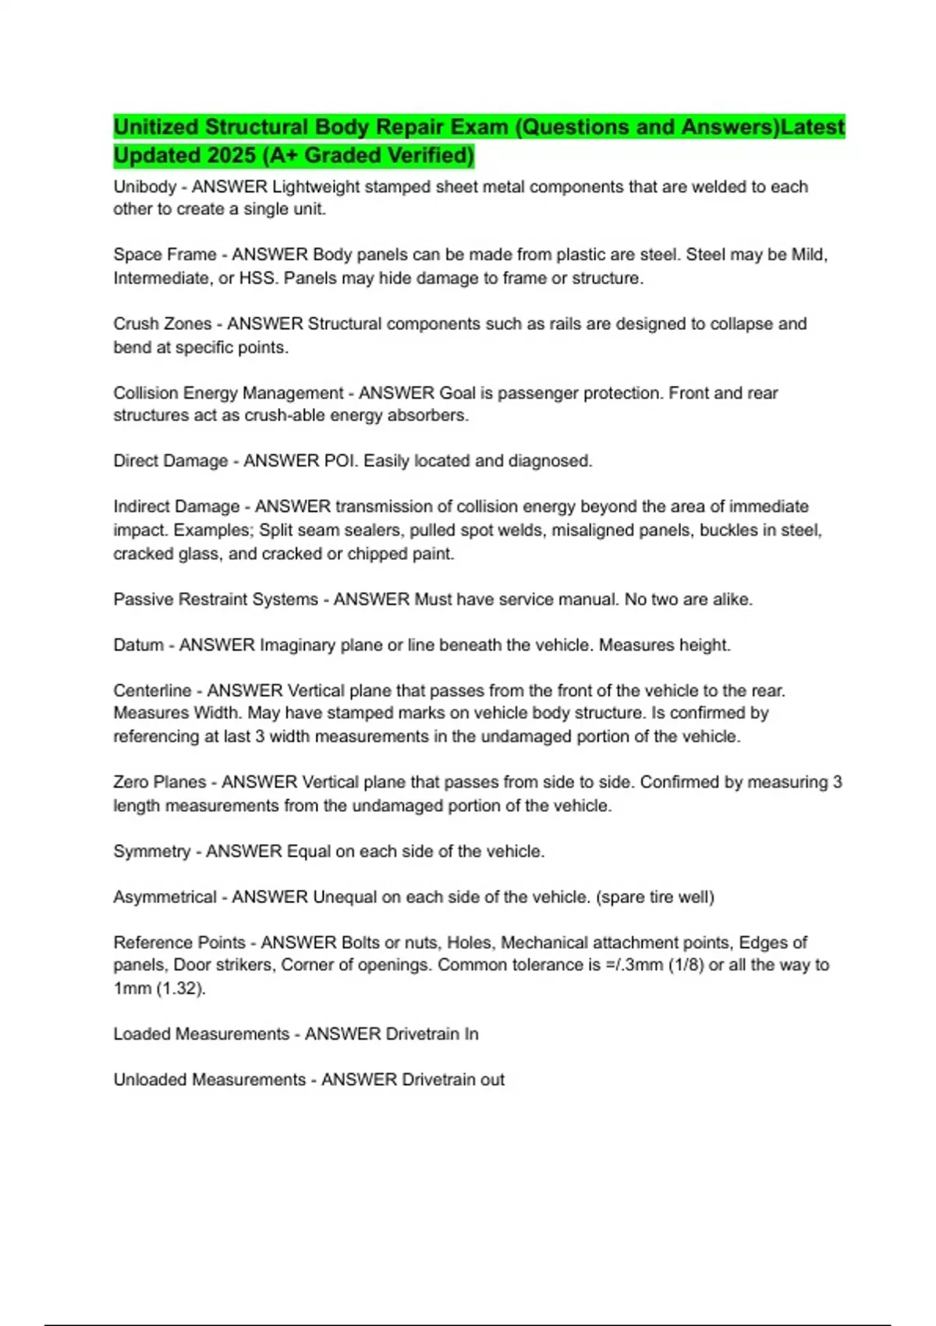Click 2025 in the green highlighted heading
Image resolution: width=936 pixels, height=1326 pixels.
click(232, 156)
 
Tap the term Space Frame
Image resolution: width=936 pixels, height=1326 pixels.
click(165, 255)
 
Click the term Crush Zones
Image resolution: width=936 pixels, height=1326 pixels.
click(162, 324)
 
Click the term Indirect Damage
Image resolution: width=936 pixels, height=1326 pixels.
click(176, 507)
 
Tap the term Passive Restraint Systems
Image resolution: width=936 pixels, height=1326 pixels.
click(215, 600)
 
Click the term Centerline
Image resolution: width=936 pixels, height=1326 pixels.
click(152, 691)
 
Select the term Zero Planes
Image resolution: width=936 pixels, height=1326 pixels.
click(159, 782)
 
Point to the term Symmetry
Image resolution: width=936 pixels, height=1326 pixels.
click(151, 851)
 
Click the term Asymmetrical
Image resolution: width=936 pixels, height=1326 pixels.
click(165, 897)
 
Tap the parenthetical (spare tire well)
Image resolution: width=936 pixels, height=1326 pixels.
click(655, 897)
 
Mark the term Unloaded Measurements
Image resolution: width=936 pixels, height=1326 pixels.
click(209, 1080)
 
